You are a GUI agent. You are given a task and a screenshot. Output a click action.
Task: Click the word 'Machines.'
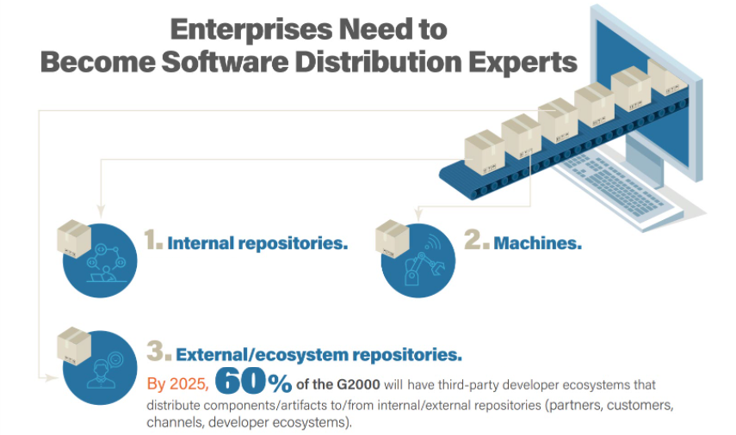point(537,243)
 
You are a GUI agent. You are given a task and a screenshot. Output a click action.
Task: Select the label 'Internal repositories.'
point(257,243)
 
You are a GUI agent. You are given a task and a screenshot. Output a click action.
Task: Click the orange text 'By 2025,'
point(176,383)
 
